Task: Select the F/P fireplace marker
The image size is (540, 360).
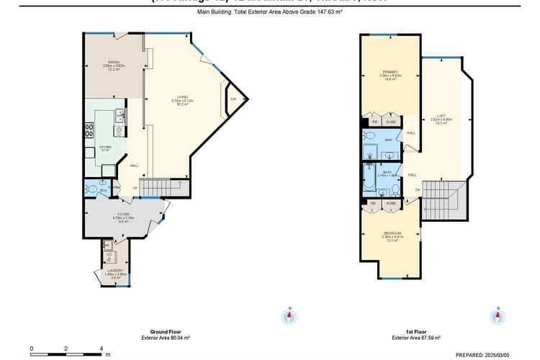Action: [233, 99]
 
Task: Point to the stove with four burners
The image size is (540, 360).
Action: [90, 130]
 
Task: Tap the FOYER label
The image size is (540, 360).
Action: [124, 215]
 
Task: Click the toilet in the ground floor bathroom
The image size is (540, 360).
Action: [89, 189]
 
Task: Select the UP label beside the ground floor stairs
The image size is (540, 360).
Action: [134, 189]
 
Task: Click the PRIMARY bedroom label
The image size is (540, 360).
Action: [390, 72]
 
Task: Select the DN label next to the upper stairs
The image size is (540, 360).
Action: [417, 190]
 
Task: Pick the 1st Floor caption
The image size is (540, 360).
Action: [415, 332]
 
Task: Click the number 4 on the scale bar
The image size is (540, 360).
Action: [101, 348]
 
